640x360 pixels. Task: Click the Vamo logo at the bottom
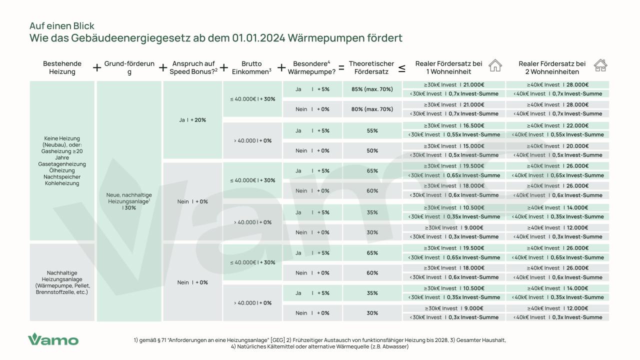pyautogui.click(x=53, y=339)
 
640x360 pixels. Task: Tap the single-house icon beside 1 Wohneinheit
pyautogui.click(x=495, y=65)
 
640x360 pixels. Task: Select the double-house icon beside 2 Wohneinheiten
pyautogui.click(x=600, y=65)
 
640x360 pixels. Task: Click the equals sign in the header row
pyautogui.click(x=341, y=67)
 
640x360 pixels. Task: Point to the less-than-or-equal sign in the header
pyautogui.click(x=401, y=68)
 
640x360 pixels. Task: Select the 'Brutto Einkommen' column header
pyautogui.click(x=251, y=67)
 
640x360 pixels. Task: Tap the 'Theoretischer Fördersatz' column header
pyautogui.click(x=371, y=67)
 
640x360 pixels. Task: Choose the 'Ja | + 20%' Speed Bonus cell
pyautogui.click(x=192, y=120)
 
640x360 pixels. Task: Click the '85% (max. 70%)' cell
pyautogui.click(x=372, y=89)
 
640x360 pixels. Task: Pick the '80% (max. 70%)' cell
pyautogui.click(x=372, y=109)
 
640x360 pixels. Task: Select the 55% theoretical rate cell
pyautogui.click(x=372, y=130)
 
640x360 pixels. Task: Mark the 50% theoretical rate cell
pyautogui.click(x=372, y=150)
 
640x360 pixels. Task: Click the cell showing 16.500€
pyautogui.click(x=454, y=125)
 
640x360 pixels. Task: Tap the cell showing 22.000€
pyautogui.click(x=557, y=125)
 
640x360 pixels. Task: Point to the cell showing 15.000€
pyautogui.click(x=454, y=146)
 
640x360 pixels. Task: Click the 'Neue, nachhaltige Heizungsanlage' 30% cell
pyautogui.click(x=129, y=201)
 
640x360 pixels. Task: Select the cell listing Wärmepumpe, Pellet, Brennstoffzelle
pyautogui.click(x=62, y=282)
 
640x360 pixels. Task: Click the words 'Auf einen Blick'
pyautogui.click(x=62, y=26)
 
